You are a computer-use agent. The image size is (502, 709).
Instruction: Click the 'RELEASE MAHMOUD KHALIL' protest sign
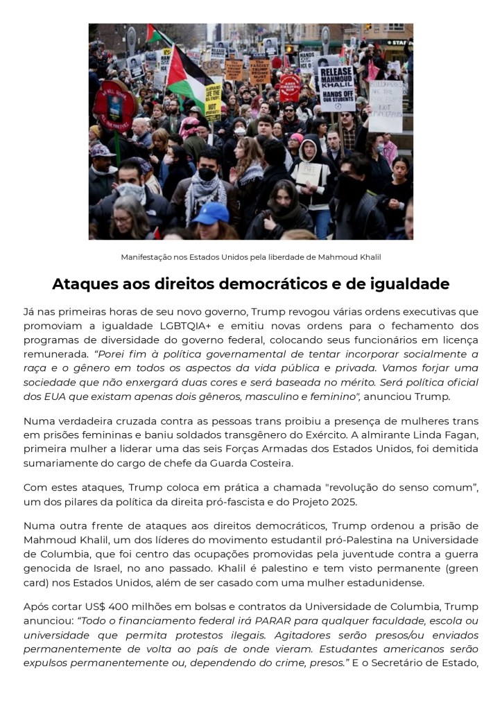[337, 88]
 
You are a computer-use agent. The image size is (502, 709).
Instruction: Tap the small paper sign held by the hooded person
[308, 173]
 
